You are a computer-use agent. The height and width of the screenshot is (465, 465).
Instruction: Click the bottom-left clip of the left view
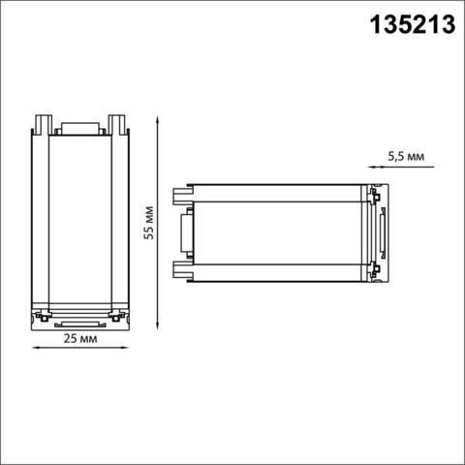tap(43, 316)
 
